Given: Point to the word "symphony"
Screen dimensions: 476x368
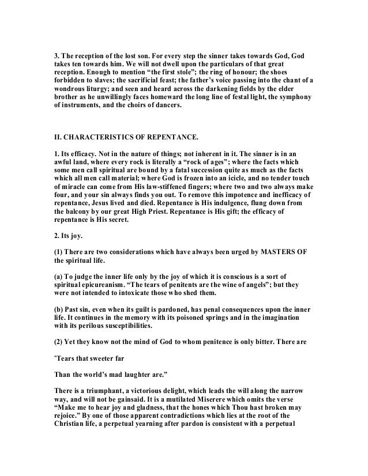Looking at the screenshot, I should tap(294, 97).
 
